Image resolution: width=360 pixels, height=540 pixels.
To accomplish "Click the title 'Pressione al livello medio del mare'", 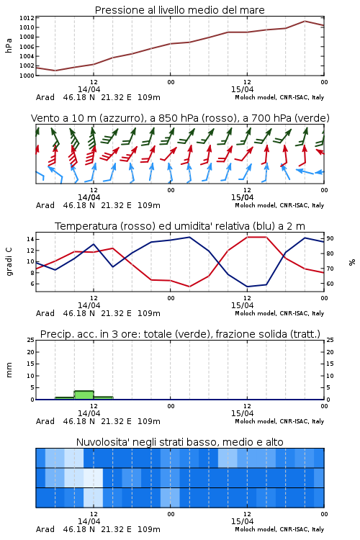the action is [179, 10].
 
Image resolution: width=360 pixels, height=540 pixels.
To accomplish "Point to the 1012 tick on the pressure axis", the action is [27, 18].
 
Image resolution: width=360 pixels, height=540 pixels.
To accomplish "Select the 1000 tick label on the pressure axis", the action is [27, 76].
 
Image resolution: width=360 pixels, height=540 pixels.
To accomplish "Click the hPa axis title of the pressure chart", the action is [9, 45].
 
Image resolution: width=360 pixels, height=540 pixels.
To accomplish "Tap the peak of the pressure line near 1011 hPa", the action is [305, 21].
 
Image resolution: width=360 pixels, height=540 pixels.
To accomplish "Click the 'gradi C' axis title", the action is [9, 262].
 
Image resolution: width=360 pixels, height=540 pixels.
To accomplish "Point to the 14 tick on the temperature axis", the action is [30, 239].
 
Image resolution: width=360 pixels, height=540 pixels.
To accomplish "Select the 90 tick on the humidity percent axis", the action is [330, 238].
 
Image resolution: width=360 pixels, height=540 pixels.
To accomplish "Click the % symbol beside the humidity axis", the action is [352, 262].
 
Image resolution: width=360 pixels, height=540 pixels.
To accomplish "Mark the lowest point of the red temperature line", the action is [189, 287].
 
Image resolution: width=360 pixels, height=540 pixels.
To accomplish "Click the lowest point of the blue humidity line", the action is [248, 287].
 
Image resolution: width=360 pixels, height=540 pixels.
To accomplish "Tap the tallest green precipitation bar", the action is [84, 395].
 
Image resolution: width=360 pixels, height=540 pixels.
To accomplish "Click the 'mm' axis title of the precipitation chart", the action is [9, 370].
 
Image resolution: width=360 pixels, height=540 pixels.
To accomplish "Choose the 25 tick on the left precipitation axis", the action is [31, 340].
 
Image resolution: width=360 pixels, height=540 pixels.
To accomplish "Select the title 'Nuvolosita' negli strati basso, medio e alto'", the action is [179, 442].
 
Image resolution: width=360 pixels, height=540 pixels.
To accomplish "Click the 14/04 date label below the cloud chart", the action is [89, 521].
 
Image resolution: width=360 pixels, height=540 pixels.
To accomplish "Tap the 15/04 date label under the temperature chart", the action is [242, 305].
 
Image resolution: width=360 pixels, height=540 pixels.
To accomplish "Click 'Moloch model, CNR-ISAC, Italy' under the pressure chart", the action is [279, 97].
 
